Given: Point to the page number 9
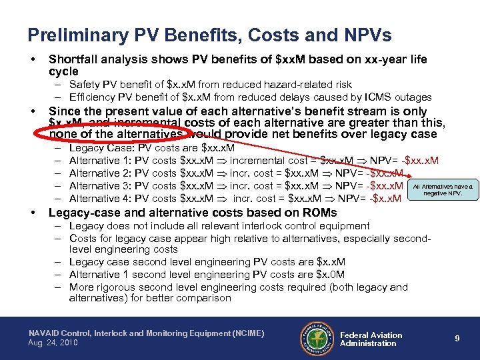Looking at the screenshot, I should [x=457, y=339].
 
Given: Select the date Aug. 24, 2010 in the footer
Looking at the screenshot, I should [x=53, y=343].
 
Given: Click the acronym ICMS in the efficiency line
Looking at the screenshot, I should [x=383, y=97].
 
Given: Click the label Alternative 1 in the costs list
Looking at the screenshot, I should [x=99, y=161].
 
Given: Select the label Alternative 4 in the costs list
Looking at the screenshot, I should [x=99, y=198].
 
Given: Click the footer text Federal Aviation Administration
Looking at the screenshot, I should [x=371, y=339].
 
